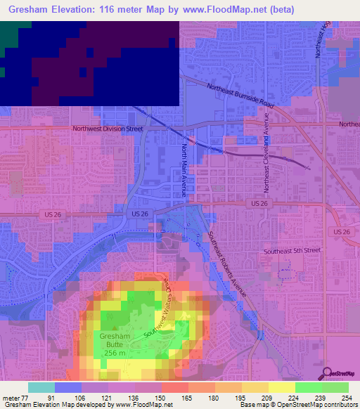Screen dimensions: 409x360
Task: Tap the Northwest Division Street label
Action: pyautogui.click(x=108, y=129)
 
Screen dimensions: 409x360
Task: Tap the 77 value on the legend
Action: pyautogui.click(x=28, y=397)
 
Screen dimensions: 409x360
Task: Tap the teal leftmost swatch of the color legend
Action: pyautogui.click(x=41, y=387)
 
